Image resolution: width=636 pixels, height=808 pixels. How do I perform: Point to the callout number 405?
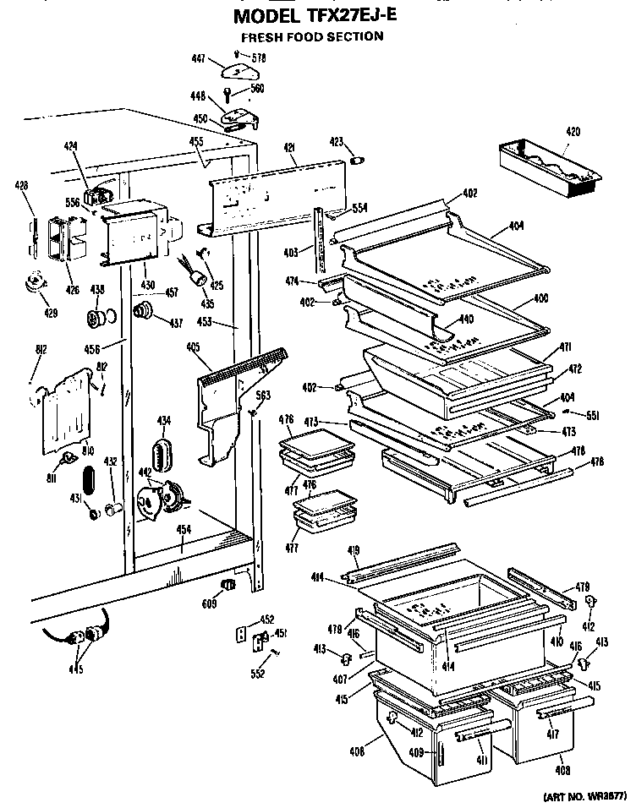pos(194,346)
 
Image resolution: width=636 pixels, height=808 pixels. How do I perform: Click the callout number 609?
pos(211,603)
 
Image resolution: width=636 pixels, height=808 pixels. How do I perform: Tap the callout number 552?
pos(259,674)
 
